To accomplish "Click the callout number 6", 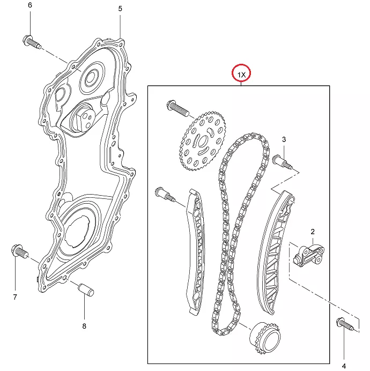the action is click(x=30, y=5).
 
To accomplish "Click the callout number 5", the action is click(x=120, y=9).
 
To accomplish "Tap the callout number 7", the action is click(x=15, y=297).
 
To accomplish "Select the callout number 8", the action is click(x=84, y=327).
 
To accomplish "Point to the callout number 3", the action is click(x=284, y=139).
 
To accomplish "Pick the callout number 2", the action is click(x=313, y=232).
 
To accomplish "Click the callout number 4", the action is click(x=344, y=366).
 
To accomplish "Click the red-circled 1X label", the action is click(x=241, y=75).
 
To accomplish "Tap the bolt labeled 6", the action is click(x=32, y=42).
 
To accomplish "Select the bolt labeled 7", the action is click(x=20, y=252).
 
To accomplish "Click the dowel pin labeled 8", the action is click(x=86, y=290).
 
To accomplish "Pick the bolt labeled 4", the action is click(x=345, y=324).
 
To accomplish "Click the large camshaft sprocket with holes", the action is click(x=203, y=141).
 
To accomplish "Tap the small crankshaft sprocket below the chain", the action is click(x=265, y=338).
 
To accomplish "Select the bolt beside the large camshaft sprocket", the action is click(x=178, y=108).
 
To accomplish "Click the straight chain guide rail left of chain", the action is click(x=196, y=252).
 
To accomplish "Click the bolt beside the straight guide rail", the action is click(x=165, y=195).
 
